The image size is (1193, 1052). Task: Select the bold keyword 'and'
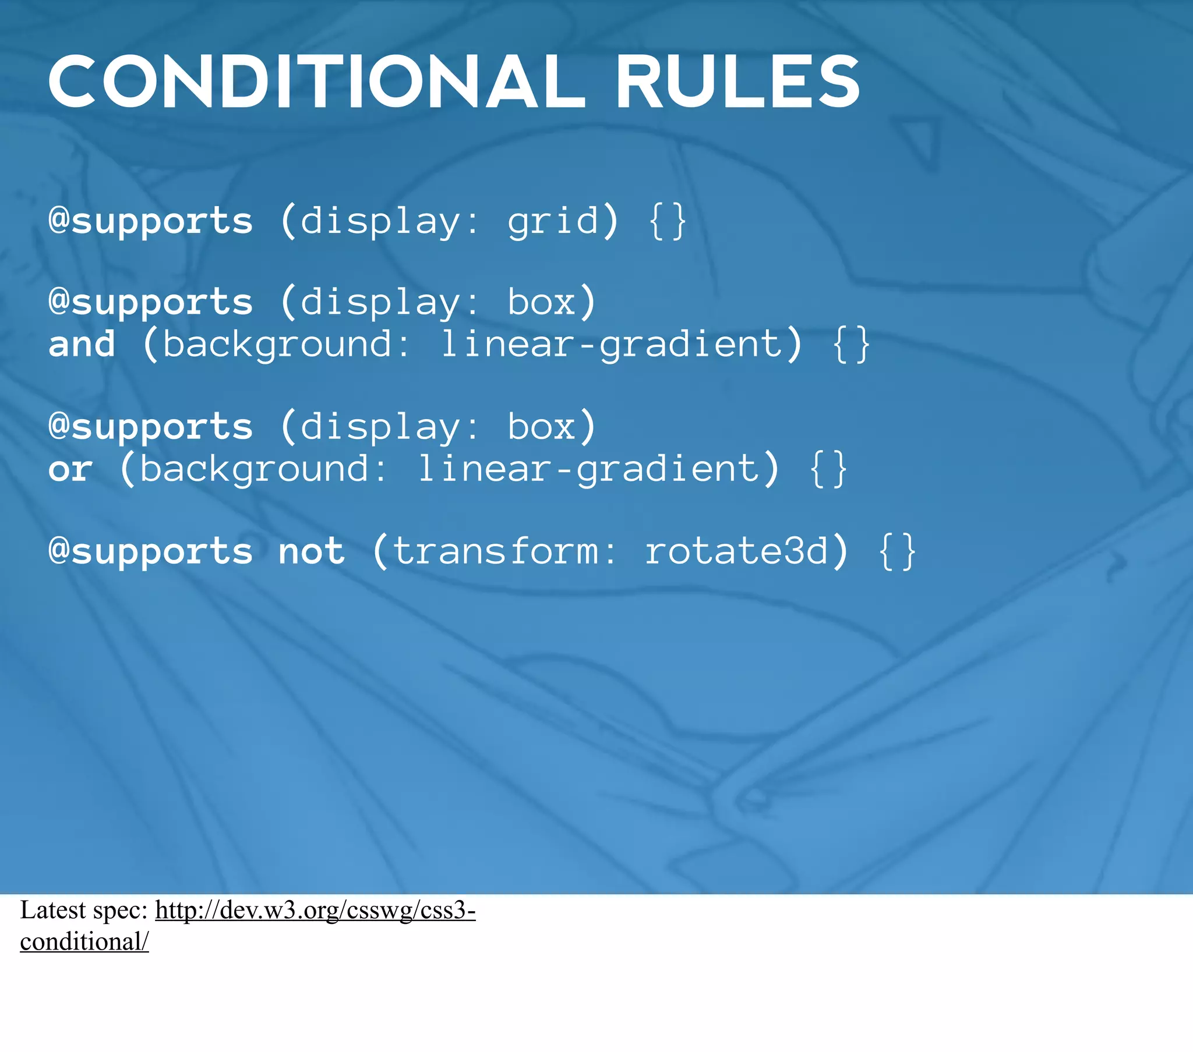point(82,343)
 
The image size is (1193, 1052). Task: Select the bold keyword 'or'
point(70,469)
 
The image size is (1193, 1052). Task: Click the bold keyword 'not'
point(311,551)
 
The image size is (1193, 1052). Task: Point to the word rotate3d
point(736,551)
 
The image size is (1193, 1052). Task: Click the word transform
point(496,551)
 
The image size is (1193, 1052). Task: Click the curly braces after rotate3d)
point(897,551)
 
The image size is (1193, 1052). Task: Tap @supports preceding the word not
point(151,551)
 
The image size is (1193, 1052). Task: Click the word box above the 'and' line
point(541,302)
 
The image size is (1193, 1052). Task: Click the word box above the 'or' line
point(541,427)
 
